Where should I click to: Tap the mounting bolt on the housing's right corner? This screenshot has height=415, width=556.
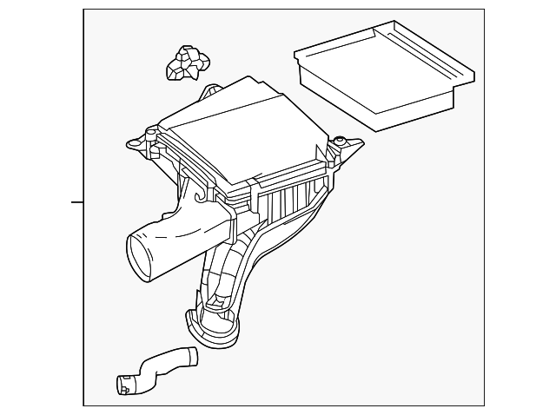coord(341,142)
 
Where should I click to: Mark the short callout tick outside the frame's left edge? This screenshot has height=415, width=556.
coord(77,203)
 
